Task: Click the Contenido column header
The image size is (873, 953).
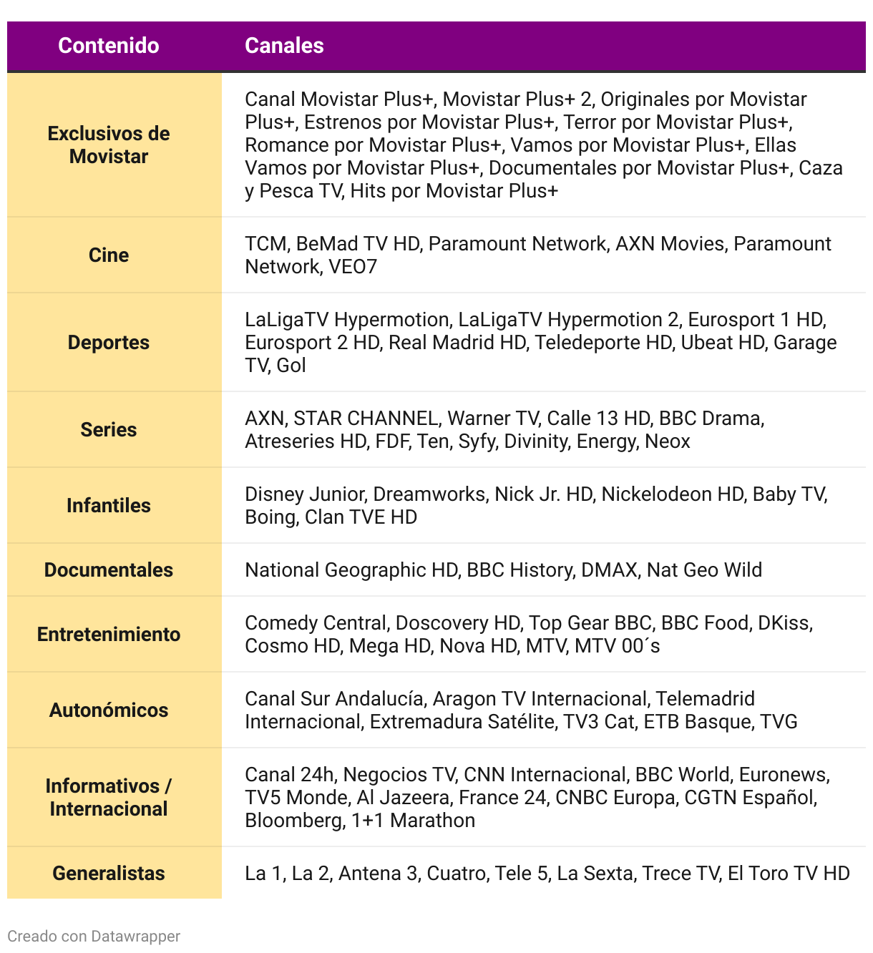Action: pos(109,46)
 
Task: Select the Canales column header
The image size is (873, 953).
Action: pos(284,46)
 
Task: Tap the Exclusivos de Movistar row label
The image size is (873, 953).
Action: pos(109,145)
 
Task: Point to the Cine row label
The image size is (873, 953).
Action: pos(109,255)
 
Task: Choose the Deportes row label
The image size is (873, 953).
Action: pos(109,343)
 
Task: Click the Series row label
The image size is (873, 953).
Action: pos(109,430)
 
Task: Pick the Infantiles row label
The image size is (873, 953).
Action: pos(109,506)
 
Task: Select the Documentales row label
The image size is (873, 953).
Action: pos(109,570)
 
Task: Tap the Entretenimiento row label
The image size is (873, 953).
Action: pos(109,635)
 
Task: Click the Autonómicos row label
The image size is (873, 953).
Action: pos(109,710)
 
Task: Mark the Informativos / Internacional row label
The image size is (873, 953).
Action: pos(109,798)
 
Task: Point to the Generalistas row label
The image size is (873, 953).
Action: pos(109,874)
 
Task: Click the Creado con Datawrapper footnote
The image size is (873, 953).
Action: pos(94,937)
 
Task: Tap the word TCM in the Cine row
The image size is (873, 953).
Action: pos(265,244)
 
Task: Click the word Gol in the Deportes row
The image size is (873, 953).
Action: pos(291,366)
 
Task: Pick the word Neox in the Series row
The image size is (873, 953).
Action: pos(667,441)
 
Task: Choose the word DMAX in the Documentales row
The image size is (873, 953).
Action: pos(608,570)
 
